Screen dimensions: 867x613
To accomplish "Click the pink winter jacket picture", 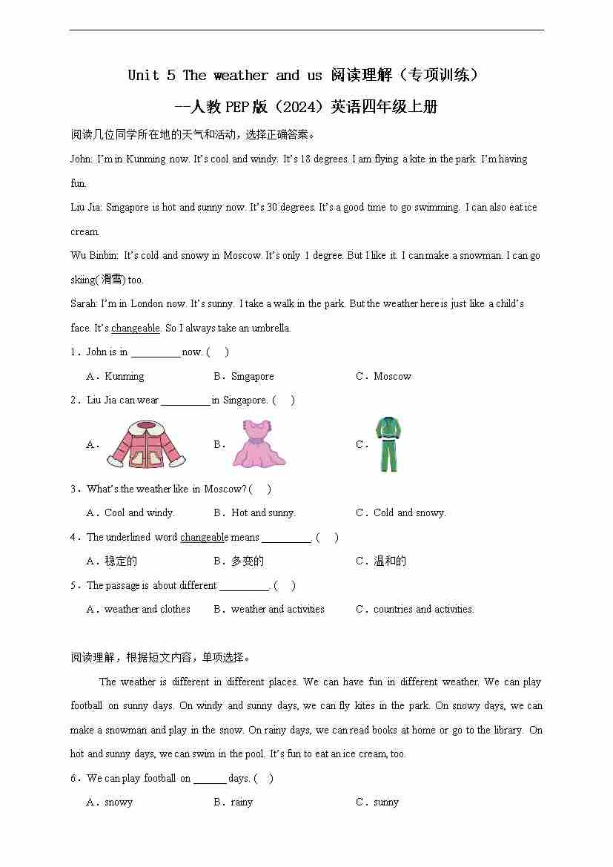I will coord(145,444).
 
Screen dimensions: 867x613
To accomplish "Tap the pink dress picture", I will coord(259,444).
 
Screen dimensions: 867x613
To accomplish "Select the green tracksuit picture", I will coord(388,444).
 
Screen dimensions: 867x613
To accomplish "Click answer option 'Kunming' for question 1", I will coord(125,376).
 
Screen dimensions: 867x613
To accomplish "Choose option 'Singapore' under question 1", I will coord(252,376).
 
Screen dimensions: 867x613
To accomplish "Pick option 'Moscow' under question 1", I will coord(392,376).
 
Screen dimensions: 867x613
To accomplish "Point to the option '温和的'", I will coord(390,561).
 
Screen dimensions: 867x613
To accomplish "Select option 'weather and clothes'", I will coord(147,609).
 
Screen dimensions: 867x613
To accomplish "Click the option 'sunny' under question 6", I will coord(386,802).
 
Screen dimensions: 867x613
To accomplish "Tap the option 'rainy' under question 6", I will coord(242,802).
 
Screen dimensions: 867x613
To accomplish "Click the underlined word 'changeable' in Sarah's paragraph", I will coord(136,328).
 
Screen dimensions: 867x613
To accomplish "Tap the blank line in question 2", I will coord(185,401).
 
